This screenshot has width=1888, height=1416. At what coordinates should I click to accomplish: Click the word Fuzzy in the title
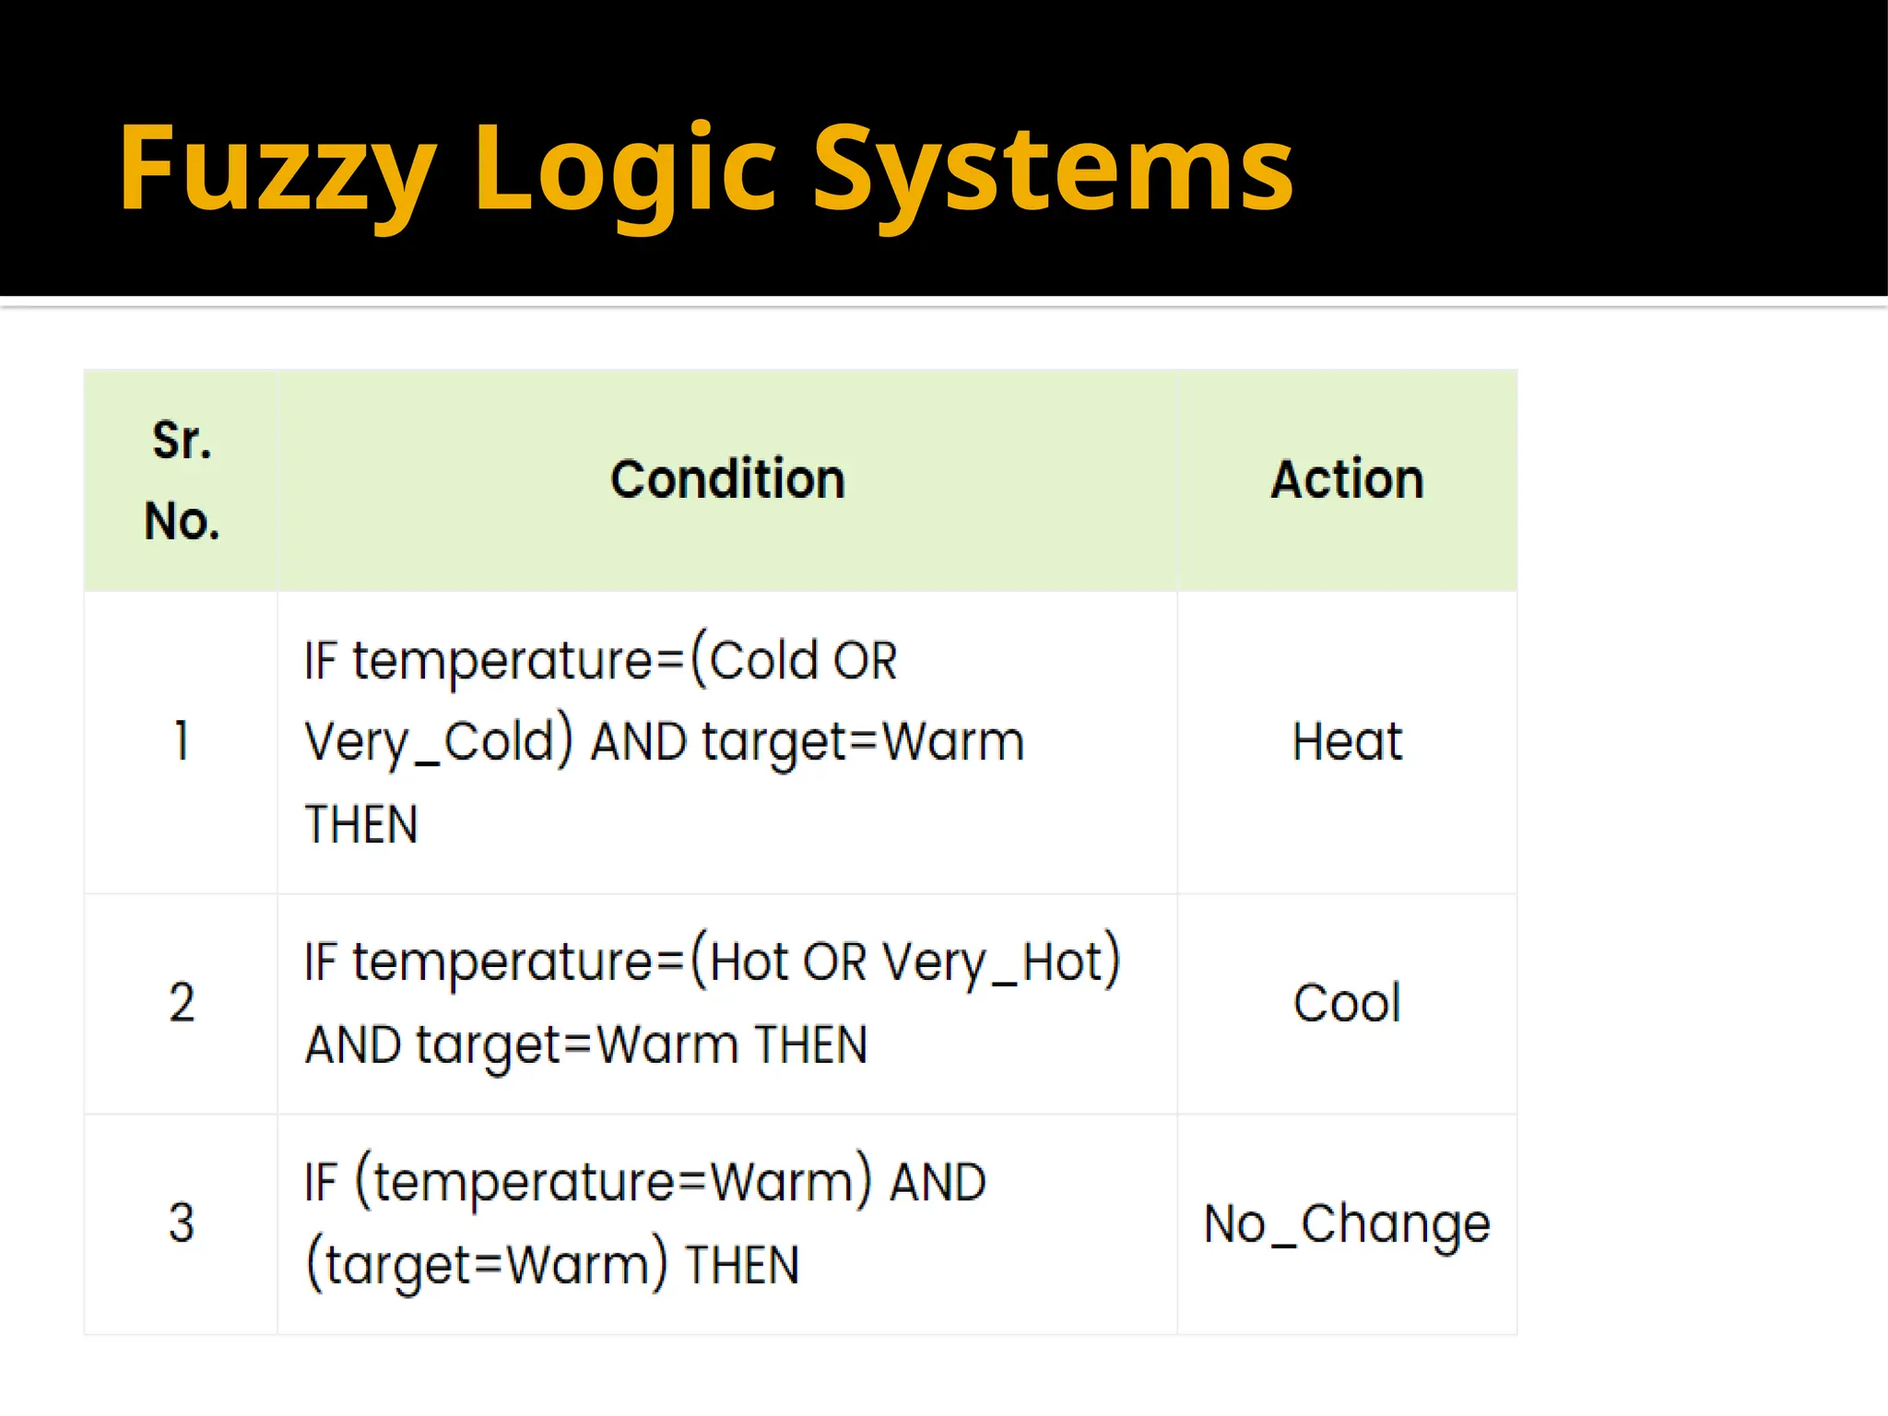point(277,171)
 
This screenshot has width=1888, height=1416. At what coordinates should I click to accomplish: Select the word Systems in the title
point(1051,171)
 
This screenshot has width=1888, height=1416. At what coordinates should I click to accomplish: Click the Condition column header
point(727,479)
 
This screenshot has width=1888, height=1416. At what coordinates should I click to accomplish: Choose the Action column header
point(1347,479)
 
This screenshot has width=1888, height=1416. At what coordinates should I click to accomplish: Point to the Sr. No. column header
point(182,480)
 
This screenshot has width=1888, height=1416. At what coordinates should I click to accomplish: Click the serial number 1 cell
point(182,741)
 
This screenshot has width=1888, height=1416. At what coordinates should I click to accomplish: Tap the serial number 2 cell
point(182,1003)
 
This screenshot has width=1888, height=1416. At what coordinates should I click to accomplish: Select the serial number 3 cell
point(182,1223)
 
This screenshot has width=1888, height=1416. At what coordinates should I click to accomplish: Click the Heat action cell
point(1347,741)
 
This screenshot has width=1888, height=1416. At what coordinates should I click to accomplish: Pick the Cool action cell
point(1347,1003)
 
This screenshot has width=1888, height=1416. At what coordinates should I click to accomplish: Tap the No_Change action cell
point(1347,1224)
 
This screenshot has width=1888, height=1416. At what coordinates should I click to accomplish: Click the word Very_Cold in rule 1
point(439,742)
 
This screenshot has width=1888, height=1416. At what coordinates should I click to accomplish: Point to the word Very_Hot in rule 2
point(1000,962)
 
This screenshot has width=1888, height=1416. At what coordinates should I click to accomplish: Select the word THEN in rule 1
point(361,824)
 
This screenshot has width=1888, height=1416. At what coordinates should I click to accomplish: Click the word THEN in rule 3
point(742,1265)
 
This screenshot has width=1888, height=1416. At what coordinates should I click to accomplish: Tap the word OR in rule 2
point(834,962)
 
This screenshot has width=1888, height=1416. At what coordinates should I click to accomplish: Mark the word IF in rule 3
point(320,1183)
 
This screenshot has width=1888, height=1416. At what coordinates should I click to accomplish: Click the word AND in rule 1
point(639,742)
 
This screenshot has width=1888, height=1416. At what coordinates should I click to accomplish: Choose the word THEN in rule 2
point(810,1045)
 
